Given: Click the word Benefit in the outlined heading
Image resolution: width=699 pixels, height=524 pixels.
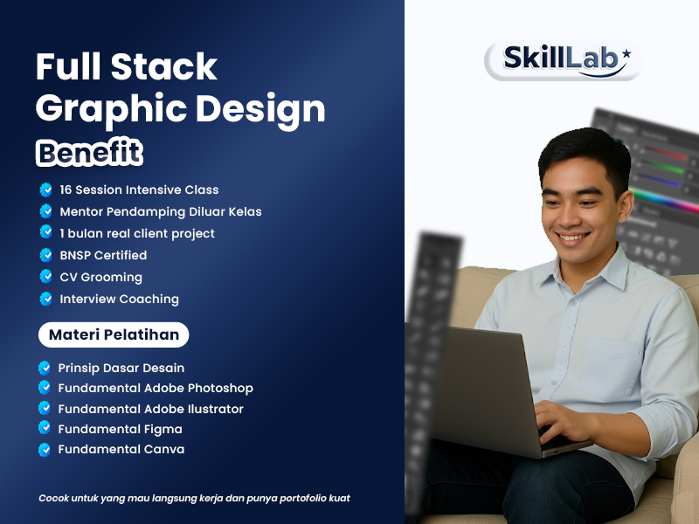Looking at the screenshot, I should tap(89, 152).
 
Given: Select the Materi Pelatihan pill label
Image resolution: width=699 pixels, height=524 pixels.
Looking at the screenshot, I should tap(114, 334).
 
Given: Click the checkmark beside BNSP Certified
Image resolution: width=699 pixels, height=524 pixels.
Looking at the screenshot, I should tap(46, 255).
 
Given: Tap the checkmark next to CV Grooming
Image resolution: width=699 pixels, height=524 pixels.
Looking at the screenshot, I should tap(46, 277).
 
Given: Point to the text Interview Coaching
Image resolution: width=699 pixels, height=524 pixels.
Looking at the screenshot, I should tap(119, 299).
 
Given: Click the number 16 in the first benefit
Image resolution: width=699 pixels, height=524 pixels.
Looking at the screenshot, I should tap(67, 190).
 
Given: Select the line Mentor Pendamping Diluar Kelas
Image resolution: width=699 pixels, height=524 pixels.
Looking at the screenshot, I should tap(160, 211).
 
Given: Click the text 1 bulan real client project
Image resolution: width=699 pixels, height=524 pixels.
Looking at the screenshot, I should tap(136, 233).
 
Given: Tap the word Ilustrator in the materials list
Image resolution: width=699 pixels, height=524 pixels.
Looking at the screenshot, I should tap(212, 409).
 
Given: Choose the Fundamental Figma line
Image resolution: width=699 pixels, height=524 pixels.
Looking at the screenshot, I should tap(120, 429).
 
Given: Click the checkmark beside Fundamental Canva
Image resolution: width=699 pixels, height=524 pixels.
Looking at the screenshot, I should tap(45, 450).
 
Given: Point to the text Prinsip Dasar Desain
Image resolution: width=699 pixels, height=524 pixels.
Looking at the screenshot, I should tap(121, 368).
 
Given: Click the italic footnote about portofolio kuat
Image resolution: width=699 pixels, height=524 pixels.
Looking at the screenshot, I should tap(194, 498).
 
